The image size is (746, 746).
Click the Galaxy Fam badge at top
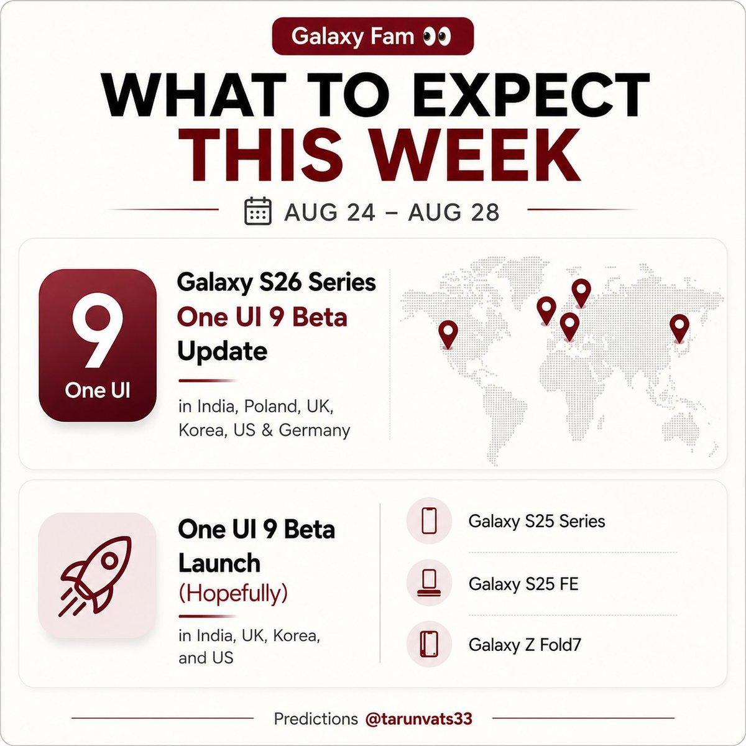tap(373, 37)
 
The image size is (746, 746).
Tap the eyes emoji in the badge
tap(436, 37)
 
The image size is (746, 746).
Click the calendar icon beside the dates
tap(258, 211)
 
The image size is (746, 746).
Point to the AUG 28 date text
tap(454, 212)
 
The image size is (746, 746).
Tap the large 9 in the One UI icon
tap(98, 330)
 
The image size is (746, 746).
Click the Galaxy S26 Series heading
tap(277, 283)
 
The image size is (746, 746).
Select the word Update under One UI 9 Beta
tap(222, 351)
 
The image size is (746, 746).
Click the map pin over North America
tap(448, 334)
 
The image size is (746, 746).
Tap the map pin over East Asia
tap(679, 328)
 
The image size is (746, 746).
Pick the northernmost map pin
tap(581, 292)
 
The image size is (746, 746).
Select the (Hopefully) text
tap(233, 593)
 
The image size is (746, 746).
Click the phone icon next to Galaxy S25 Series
tap(429, 521)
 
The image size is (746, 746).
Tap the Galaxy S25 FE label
tap(523, 584)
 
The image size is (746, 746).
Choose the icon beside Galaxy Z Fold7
tap(429, 645)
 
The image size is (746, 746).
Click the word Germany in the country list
tap(314, 430)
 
